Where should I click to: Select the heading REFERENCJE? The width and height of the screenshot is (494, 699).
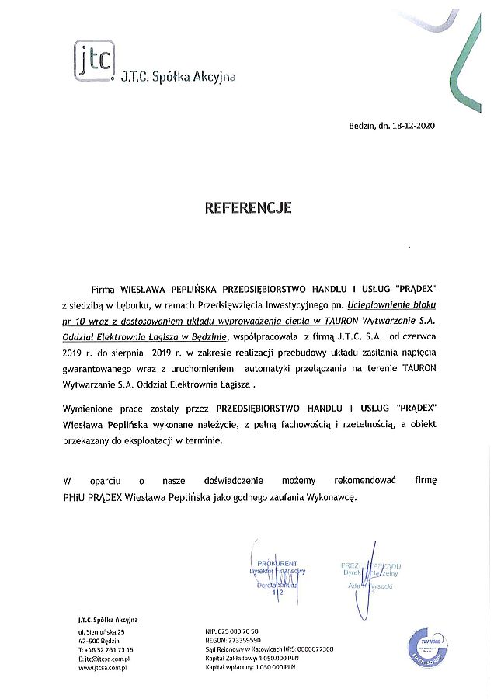[x=248, y=208]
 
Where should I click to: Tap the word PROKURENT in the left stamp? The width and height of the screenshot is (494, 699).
[x=278, y=563]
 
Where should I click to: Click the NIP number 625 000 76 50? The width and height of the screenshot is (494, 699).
[x=240, y=631]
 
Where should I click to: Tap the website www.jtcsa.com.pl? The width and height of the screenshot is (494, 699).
[x=103, y=667]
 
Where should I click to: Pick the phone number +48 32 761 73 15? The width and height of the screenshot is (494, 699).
[x=109, y=649]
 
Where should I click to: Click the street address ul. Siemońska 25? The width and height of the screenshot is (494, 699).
[x=104, y=631]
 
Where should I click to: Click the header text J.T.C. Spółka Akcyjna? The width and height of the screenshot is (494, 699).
[x=178, y=77]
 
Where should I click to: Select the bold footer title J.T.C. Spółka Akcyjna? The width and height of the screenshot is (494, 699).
[x=108, y=619]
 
